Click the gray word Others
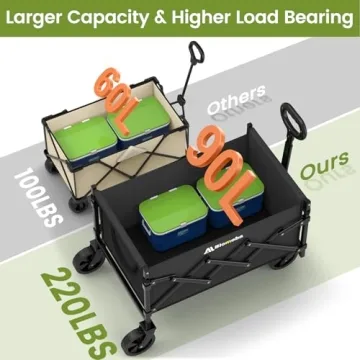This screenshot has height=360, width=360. pyautogui.click(x=236, y=101)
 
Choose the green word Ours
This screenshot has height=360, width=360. pyautogui.click(x=317, y=163)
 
